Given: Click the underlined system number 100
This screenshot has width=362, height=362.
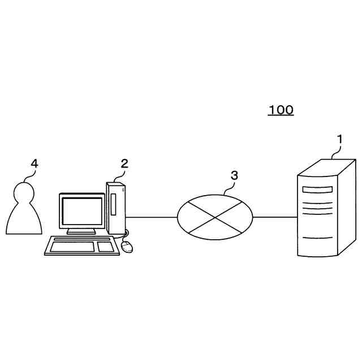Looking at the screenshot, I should click(281, 110).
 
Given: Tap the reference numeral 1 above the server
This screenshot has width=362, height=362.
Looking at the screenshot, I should click(339, 138).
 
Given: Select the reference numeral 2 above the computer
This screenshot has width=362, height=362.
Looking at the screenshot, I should click(124, 163).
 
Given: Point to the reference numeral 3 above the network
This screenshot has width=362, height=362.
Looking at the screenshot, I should click(234, 175).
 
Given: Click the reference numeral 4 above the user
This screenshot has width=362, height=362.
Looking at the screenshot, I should click(34, 163).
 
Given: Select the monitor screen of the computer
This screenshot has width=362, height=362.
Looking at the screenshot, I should click(82, 210).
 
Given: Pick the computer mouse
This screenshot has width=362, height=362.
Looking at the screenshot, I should click(128, 246).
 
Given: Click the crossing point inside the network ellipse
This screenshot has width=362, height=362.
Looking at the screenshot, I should click(215, 217).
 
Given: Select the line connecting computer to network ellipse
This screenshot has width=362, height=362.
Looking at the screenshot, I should click(152, 217).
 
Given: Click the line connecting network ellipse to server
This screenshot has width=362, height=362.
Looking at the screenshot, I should click(275, 217).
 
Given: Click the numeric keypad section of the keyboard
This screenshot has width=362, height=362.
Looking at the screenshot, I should click(105, 247).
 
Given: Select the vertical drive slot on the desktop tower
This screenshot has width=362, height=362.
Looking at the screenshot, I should click(113, 205).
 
